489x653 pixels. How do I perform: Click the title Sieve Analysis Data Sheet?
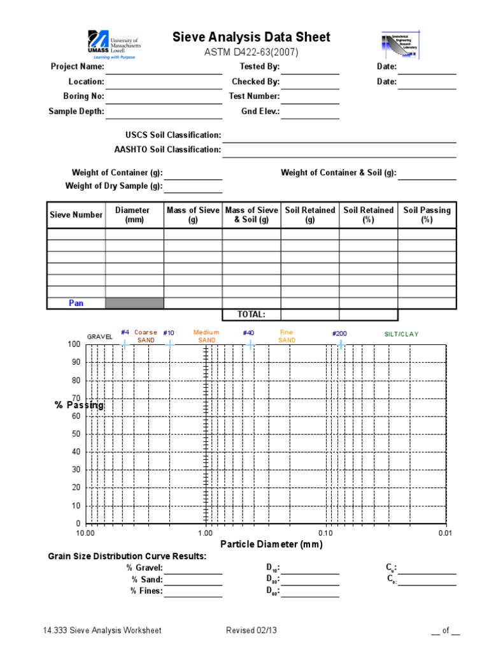coord(252,37)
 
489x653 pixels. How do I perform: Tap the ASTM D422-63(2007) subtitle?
coord(252,52)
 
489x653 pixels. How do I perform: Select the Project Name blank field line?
coord(164,67)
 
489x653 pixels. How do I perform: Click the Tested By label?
coord(259,66)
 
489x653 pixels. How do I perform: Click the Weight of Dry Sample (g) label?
coord(114,186)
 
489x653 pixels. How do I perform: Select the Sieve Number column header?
coord(76,215)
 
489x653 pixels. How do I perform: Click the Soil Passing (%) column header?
coord(427,214)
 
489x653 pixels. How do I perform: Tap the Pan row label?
coord(76,303)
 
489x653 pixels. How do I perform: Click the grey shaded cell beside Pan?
coord(134,303)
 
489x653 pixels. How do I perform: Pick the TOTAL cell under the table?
coord(250,314)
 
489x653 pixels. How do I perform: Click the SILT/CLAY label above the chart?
coord(402,334)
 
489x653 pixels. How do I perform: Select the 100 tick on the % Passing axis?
coord(74,344)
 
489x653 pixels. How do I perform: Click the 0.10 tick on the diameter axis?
coord(325,532)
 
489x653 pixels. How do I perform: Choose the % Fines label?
coord(146,591)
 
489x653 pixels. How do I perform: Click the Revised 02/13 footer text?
coord(250,631)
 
